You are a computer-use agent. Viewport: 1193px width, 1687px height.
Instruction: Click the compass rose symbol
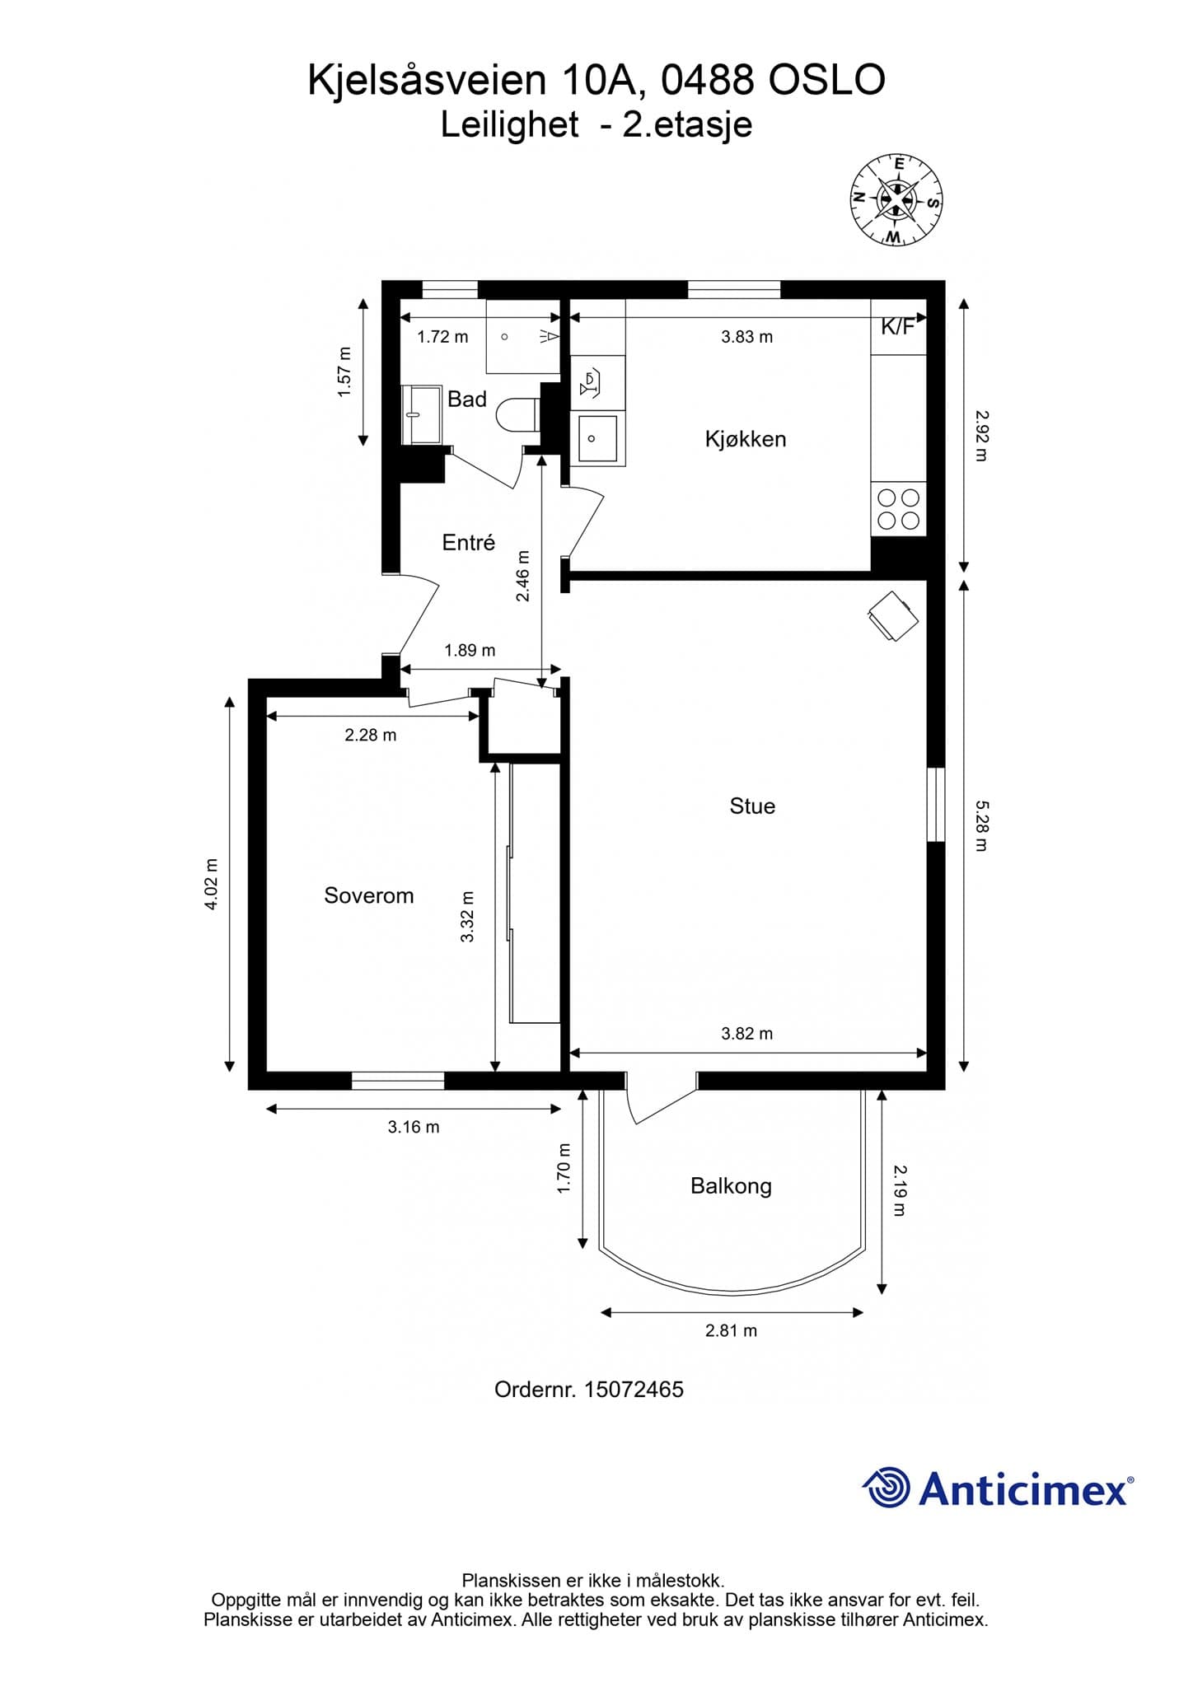point(896,199)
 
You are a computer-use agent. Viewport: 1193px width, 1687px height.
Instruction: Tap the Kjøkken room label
point(746,439)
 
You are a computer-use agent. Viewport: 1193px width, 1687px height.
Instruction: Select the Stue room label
point(752,806)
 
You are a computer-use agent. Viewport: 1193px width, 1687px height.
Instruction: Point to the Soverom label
point(369,895)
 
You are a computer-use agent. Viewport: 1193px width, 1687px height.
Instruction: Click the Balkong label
point(731,1187)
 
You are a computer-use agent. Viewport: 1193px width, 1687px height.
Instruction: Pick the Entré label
point(468,542)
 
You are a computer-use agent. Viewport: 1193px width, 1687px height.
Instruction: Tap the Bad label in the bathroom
point(467,400)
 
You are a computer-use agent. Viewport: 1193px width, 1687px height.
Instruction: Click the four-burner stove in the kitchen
point(899,509)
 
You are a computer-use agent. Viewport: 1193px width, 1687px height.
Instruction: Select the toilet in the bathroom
point(518,414)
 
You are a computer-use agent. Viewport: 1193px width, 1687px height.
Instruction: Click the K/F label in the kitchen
point(897,327)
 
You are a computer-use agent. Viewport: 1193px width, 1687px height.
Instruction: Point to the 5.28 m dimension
point(980,825)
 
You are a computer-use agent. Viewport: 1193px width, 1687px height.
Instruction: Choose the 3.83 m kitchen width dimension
point(747,336)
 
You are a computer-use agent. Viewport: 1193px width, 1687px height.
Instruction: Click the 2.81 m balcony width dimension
point(731,1330)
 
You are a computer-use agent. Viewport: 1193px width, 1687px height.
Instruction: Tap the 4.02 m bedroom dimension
point(212,884)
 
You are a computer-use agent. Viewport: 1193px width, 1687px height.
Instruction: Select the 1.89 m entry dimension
point(470,650)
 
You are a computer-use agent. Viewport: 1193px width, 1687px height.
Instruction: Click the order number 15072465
point(634,1390)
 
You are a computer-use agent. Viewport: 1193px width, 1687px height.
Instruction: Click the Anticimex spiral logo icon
point(887,1488)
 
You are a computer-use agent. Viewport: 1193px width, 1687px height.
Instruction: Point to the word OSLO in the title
point(826,80)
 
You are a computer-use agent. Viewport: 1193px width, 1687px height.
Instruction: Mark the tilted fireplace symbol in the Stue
point(893,616)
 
